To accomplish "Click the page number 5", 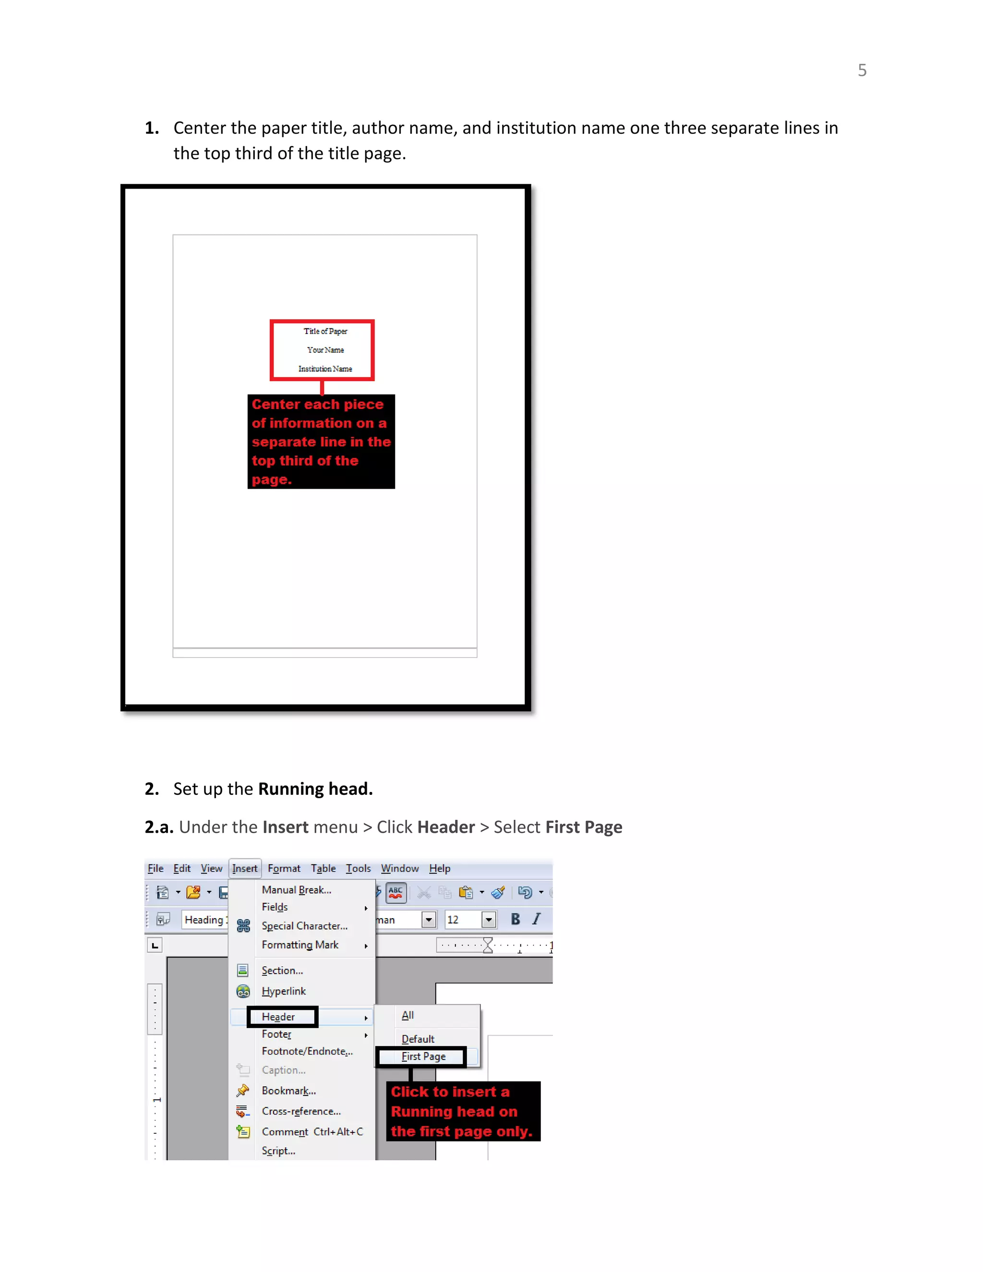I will point(862,71).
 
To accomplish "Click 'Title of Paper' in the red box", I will point(325,331).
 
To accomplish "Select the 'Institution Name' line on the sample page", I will point(325,369).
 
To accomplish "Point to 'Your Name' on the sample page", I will point(325,350).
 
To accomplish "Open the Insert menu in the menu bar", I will point(245,868).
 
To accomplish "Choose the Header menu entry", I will point(278,1017).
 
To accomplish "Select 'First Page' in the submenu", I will point(423,1056).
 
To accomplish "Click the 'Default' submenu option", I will point(418,1039).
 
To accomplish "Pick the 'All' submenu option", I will point(408,1015).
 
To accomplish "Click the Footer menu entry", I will point(276,1034).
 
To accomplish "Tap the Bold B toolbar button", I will point(515,919).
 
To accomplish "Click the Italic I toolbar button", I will point(536,919).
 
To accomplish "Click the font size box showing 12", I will point(462,920).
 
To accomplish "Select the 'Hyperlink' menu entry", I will point(284,991).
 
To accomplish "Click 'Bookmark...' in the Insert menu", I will point(289,1091).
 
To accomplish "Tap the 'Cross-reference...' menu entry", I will point(301,1111).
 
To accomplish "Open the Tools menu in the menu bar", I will point(358,868).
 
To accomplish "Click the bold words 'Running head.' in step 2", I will point(315,789).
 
